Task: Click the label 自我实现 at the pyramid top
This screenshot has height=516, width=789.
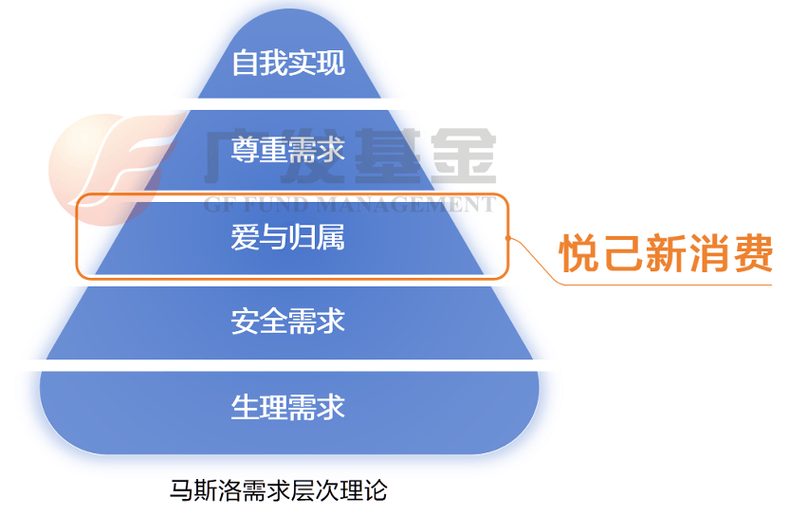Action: pos(288,63)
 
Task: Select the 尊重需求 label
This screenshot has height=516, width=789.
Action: pos(288,150)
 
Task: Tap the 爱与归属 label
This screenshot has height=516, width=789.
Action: pos(288,237)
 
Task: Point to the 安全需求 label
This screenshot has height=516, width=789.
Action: pos(288,322)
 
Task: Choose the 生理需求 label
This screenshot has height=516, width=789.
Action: pos(288,407)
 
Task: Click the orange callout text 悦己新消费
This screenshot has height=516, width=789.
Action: pos(666,252)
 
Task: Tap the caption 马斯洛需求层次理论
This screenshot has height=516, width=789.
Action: pos(279,490)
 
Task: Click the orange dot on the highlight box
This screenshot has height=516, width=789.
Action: pos(508,238)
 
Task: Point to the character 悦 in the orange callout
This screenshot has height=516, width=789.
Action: pos(580,252)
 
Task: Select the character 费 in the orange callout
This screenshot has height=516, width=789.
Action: pos(753,252)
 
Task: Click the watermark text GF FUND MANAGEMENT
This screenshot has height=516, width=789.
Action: pos(350,204)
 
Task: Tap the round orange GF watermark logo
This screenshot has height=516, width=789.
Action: pos(108,169)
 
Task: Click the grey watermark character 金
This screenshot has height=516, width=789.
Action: pos(463,156)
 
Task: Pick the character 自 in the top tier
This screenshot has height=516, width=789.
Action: pos(246,63)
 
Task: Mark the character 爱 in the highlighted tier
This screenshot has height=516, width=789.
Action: pos(245,237)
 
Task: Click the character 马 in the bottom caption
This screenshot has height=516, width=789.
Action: pos(180,490)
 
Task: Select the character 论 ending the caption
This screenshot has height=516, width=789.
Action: pos(376,490)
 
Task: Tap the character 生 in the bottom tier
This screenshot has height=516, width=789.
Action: pos(245,407)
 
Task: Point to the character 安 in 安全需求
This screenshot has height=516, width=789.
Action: pos(245,322)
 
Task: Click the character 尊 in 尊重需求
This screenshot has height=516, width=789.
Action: pos(245,150)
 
